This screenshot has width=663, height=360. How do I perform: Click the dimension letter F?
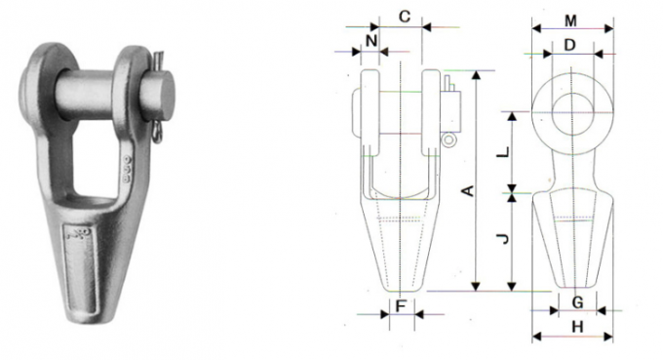[400, 305]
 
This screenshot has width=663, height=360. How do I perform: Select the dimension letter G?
[576, 302]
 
